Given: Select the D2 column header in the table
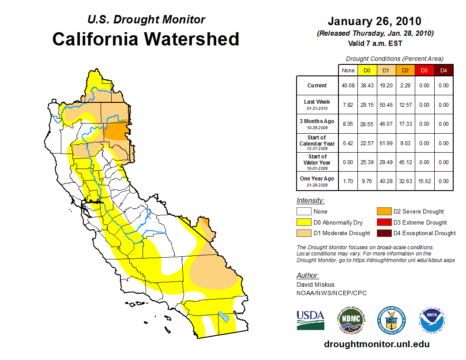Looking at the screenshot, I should click(405, 70).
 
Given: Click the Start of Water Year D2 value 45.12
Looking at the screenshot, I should click(405, 162).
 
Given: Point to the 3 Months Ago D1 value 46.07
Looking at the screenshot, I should click(386, 124).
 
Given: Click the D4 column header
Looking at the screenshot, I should click(443, 70).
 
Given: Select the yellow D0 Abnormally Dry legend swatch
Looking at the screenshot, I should click(304, 222).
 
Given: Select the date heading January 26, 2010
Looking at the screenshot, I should click(374, 21).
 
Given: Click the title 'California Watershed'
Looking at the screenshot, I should click(146, 39).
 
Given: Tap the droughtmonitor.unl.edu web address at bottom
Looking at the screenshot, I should click(376, 344).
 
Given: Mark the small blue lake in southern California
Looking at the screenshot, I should click(223, 317).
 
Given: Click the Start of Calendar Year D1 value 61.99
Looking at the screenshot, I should click(386, 143).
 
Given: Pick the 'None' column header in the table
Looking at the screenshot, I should click(348, 70).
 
